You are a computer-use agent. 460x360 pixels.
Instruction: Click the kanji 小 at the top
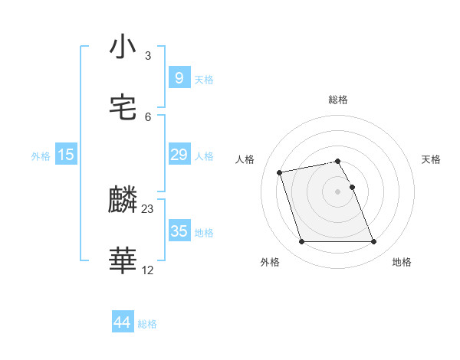tap(123, 47)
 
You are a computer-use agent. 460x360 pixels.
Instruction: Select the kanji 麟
tap(123, 201)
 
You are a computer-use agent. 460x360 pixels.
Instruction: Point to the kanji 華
tap(123, 261)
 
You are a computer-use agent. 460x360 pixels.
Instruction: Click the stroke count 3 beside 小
tap(148, 56)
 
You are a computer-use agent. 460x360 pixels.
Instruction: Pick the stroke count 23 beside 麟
tap(148, 209)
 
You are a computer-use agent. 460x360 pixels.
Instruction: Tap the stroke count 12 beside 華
tap(148, 270)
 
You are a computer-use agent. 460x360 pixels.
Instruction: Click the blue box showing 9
tap(179, 78)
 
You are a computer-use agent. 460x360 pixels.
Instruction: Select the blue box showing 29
tap(179, 155)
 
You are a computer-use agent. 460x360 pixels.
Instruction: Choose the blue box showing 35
tap(179, 231)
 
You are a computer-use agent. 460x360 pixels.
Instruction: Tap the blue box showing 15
tap(66, 155)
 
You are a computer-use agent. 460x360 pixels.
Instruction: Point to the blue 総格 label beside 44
tap(147, 324)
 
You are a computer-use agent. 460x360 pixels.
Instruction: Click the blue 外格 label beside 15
tap(41, 155)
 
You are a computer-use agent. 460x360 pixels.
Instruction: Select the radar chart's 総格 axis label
tap(338, 100)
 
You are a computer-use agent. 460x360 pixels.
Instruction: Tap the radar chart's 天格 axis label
tap(431, 159)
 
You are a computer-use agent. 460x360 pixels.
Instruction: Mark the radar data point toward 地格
tap(373, 242)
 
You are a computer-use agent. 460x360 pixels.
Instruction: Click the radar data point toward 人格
tap(280, 172)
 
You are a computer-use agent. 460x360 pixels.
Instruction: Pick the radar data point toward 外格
tap(301, 242)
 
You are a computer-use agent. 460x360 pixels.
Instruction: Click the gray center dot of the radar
tap(338, 191)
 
